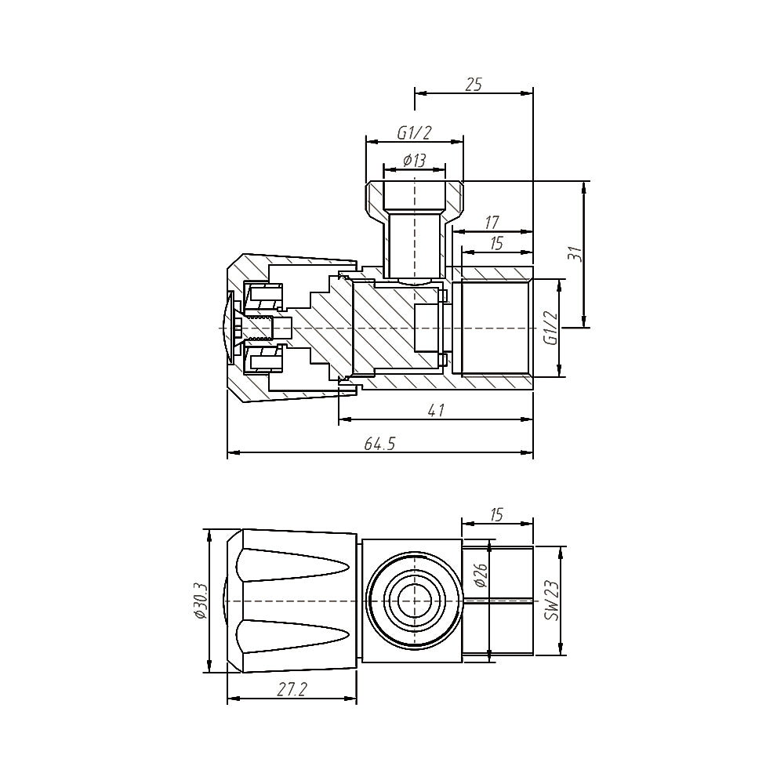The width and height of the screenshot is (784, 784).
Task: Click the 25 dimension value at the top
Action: pyautogui.click(x=474, y=84)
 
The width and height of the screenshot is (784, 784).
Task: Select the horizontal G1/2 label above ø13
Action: pyautogui.click(x=414, y=133)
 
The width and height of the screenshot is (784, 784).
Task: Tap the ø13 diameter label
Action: pyautogui.click(x=414, y=160)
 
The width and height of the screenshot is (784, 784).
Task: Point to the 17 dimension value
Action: pyautogui.click(x=492, y=223)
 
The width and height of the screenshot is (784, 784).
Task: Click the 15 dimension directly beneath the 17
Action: pyautogui.click(x=495, y=243)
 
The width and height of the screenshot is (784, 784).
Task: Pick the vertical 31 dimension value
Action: pyautogui.click(x=575, y=254)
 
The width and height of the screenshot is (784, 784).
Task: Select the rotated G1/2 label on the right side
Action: pyautogui.click(x=551, y=328)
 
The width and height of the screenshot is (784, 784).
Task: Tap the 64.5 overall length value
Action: pyautogui.click(x=379, y=444)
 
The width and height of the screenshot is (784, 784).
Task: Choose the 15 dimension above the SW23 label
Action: pyautogui.click(x=496, y=514)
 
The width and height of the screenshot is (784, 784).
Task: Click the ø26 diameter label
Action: pyautogui.click(x=481, y=577)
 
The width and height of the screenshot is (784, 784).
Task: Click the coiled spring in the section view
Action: pyautogui.click(x=262, y=327)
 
